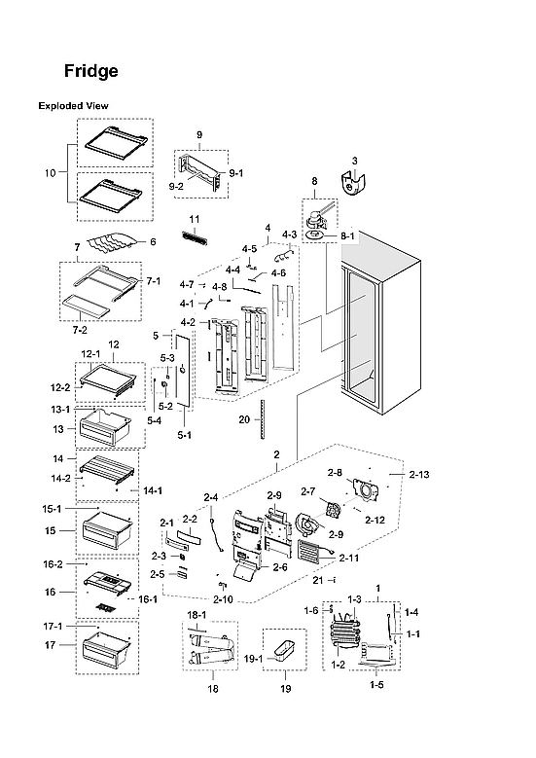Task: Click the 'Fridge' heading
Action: coord(91,71)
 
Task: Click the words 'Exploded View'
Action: coord(73,105)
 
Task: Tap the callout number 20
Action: coord(244,420)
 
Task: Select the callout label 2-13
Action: coord(419,474)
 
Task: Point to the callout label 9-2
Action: coord(178,185)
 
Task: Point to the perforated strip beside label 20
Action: coord(263,419)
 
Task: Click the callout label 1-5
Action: coord(375,685)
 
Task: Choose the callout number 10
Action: coord(51,172)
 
